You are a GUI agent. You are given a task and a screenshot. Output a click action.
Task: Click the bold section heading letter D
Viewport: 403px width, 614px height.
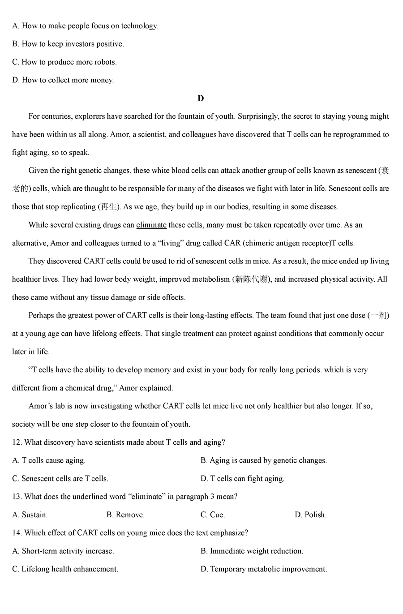(201, 99)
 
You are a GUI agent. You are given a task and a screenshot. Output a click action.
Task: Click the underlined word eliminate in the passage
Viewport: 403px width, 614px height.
(151, 225)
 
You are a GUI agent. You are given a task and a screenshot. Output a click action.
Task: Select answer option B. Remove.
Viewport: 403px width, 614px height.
(125, 515)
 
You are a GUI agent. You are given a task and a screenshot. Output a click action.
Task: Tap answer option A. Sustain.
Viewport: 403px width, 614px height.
(30, 515)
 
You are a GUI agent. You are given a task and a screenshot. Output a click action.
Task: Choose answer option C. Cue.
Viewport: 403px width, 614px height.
(213, 515)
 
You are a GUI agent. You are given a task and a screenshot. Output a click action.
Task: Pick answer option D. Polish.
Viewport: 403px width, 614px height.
(311, 515)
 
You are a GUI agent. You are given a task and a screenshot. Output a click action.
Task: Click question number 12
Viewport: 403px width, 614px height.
(17, 442)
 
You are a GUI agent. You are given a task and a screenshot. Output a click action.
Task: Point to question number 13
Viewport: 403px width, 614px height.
(17, 497)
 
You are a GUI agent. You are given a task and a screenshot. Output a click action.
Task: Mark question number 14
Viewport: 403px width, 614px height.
(17, 533)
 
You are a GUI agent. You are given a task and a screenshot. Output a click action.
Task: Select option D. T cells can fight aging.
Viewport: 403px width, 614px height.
(242, 479)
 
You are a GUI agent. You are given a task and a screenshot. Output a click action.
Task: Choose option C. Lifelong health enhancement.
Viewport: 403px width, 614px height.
(65, 569)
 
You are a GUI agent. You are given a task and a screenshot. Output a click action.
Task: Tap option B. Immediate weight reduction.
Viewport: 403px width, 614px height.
(252, 551)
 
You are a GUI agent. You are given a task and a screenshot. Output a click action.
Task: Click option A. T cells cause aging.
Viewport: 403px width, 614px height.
(49, 460)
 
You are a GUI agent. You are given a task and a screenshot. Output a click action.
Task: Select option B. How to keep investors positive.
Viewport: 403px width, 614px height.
(68, 44)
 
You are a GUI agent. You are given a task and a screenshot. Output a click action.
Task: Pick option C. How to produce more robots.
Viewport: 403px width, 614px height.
(64, 62)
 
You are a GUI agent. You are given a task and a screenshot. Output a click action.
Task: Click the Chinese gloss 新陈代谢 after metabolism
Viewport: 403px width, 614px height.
(252, 279)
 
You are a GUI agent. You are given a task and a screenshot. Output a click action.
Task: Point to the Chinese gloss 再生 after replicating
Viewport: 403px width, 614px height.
(109, 207)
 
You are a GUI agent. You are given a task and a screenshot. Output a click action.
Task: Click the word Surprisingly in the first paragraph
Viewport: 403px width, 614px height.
(259, 116)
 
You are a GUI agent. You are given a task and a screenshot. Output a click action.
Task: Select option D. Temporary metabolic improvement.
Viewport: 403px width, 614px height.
(264, 569)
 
